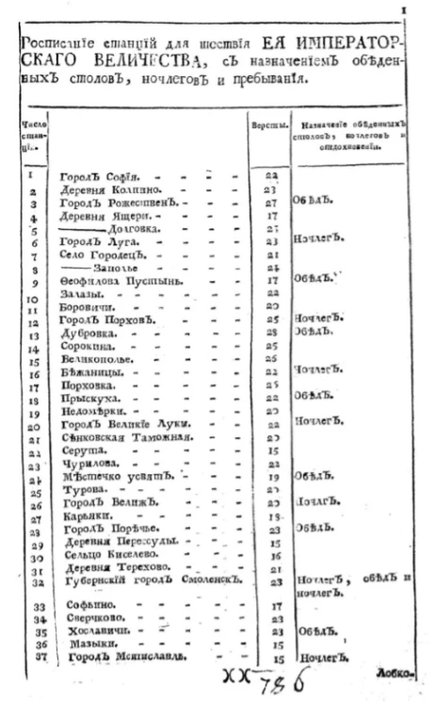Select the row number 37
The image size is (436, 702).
pos(33,657)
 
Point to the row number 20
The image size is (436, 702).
pos(33,426)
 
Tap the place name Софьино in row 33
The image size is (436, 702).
pos(85,607)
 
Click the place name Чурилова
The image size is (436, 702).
pos(87,464)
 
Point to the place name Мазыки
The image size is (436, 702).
pos(83,644)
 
